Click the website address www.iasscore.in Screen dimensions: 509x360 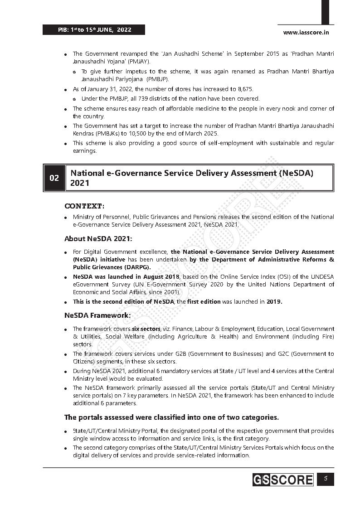[306, 32]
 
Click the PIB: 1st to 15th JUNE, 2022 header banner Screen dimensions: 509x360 [94, 30]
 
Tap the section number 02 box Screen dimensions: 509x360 [54, 178]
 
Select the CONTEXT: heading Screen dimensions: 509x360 [84, 206]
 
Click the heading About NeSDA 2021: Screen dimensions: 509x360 [98, 238]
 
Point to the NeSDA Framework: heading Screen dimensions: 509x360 [97, 315]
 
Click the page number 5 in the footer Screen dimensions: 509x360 [325, 479]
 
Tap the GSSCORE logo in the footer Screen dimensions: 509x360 [283, 480]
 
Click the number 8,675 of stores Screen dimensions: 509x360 [244, 90]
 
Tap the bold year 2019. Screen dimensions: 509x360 [274, 301]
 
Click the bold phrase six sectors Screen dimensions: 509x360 [146, 329]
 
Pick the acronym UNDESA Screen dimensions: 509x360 [323, 276]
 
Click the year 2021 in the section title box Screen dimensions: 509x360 [80, 183]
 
